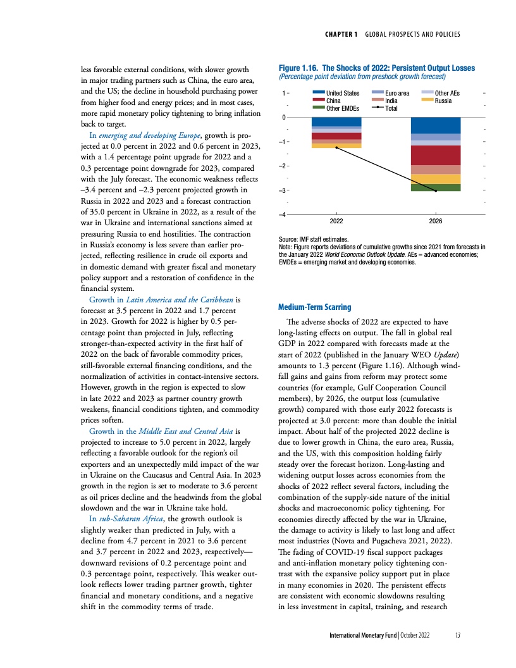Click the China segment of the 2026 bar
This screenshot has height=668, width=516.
tap(436, 155)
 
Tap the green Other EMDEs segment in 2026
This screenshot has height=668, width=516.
tap(436, 187)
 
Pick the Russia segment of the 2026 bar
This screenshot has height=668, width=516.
tap(436, 179)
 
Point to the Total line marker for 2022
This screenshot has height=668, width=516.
tap(336, 147)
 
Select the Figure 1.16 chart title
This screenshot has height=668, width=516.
tap(376, 68)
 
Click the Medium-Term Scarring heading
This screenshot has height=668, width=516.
tap(314, 307)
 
